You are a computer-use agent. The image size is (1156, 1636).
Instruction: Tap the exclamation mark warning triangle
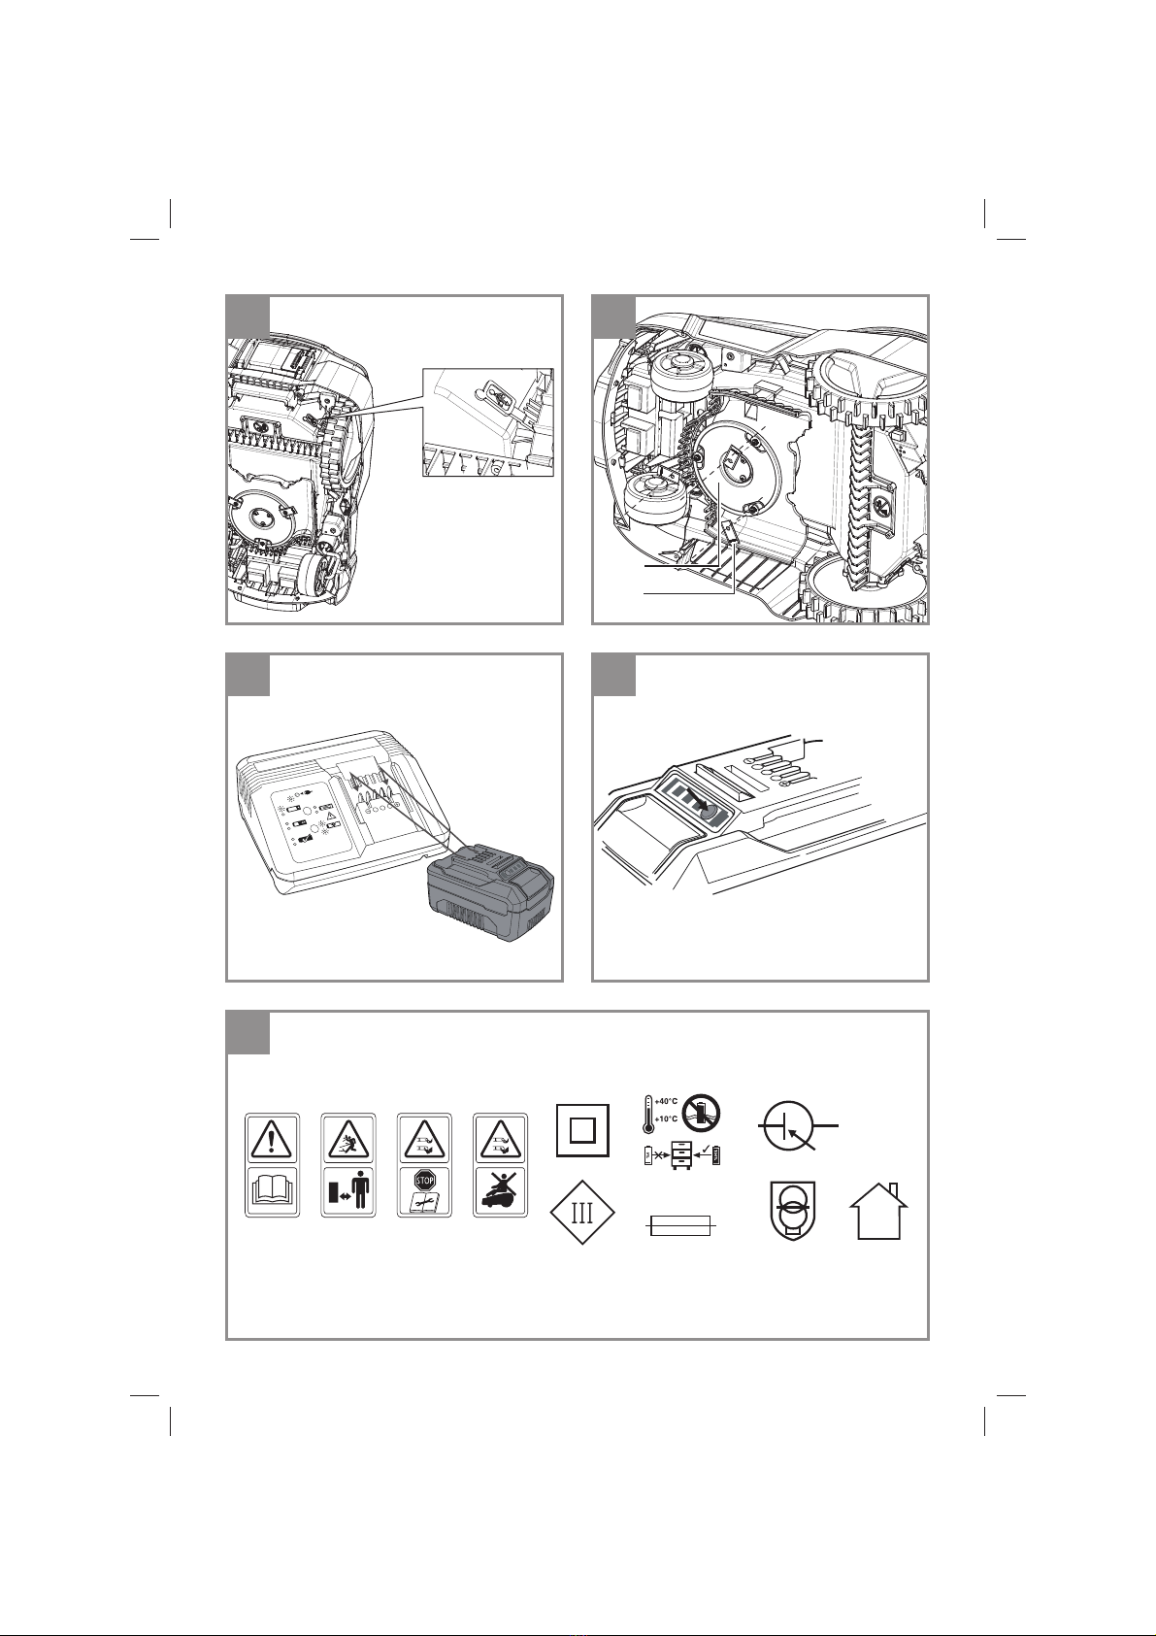click(273, 1140)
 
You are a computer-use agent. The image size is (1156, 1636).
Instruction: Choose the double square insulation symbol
click(582, 1130)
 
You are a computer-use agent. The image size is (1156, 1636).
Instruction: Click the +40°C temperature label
click(666, 1101)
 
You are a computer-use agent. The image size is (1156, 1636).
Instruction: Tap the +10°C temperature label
click(666, 1118)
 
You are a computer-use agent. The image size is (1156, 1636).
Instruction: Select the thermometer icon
click(647, 1110)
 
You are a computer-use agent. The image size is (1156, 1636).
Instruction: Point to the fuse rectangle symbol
click(679, 1225)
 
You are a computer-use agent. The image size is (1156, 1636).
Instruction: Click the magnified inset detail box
click(488, 422)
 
